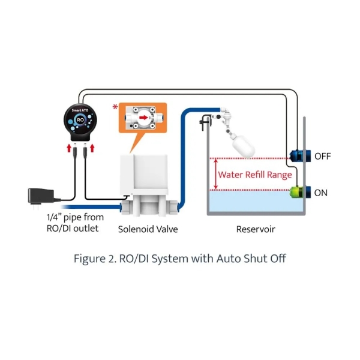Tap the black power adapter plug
pos(42,197)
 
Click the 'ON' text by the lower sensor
pos(321,193)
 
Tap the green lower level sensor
pos(297,192)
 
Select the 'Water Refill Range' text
pos(255,175)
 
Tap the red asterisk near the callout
pos(115,107)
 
